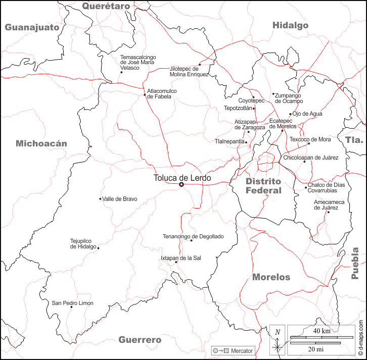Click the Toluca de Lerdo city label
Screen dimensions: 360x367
(x=182, y=178)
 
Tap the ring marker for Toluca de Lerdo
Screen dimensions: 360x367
(x=181, y=185)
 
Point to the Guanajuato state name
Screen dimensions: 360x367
(x=32, y=27)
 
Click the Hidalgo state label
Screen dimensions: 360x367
(x=290, y=25)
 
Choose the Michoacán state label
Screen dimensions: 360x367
(x=41, y=143)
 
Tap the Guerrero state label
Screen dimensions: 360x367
(x=140, y=339)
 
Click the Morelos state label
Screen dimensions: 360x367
(x=271, y=277)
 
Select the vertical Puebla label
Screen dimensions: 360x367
(x=355, y=263)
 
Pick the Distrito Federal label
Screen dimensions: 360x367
(x=263, y=186)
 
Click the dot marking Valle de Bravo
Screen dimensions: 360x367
(x=100, y=198)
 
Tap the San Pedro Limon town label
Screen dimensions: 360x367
(x=73, y=303)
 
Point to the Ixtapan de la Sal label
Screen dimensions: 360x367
(x=181, y=258)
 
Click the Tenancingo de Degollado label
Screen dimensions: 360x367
(x=193, y=236)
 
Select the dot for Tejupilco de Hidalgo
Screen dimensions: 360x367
(x=98, y=248)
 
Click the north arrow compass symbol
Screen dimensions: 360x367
(x=277, y=340)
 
